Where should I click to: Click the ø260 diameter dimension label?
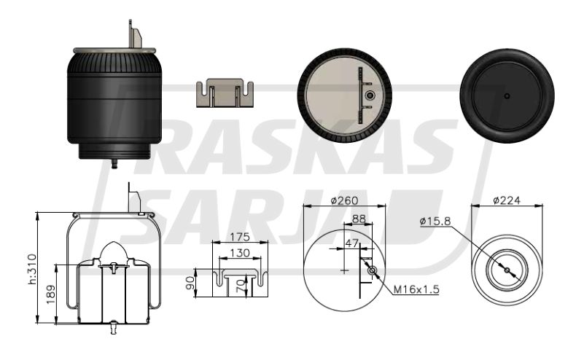pos(344,200)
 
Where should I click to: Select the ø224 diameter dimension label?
pos(507,200)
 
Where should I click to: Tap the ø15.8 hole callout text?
pos(435,222)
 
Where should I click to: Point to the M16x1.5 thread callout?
pos(416,289)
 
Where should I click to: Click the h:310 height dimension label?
pos(33,269)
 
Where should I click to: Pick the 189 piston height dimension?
pos(50,294)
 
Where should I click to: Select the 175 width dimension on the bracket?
pos(240,237)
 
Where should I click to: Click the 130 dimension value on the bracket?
pos(240,253)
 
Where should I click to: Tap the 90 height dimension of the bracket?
pos(190,283)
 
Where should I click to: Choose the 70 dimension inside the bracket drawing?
pos(241,286)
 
